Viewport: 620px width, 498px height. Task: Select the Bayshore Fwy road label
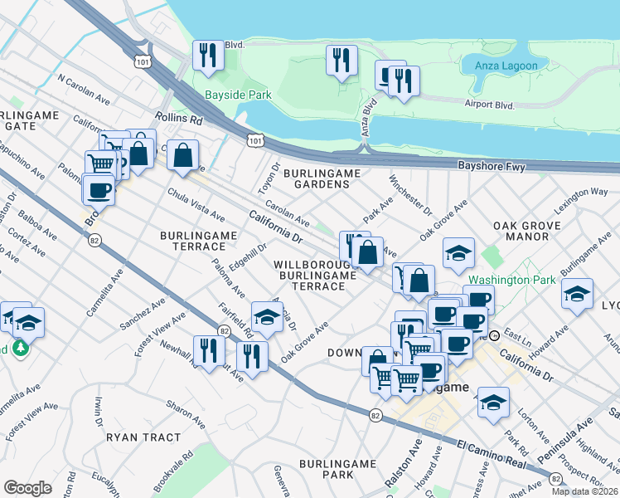pyautogui.click(x=492, y=167)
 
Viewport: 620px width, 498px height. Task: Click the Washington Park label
pyautogui.click(x=511, y=280)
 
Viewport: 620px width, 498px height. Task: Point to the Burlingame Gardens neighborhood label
pyautogui.click(x=322, y=178)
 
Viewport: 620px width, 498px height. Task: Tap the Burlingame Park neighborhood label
pyautogui.click(x=326, y=467)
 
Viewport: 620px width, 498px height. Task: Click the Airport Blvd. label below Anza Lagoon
pyautogui.click(x=491, y=105)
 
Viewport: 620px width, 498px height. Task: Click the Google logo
pyautogui.click(x=27, y=487)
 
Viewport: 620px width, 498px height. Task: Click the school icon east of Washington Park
pyautogui.click(x=577, y=293)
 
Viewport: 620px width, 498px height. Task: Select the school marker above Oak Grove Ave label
pyautogui.click(x=266, y=316)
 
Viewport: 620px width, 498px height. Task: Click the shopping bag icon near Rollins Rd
pyautogui.click(x=183, y=154)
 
